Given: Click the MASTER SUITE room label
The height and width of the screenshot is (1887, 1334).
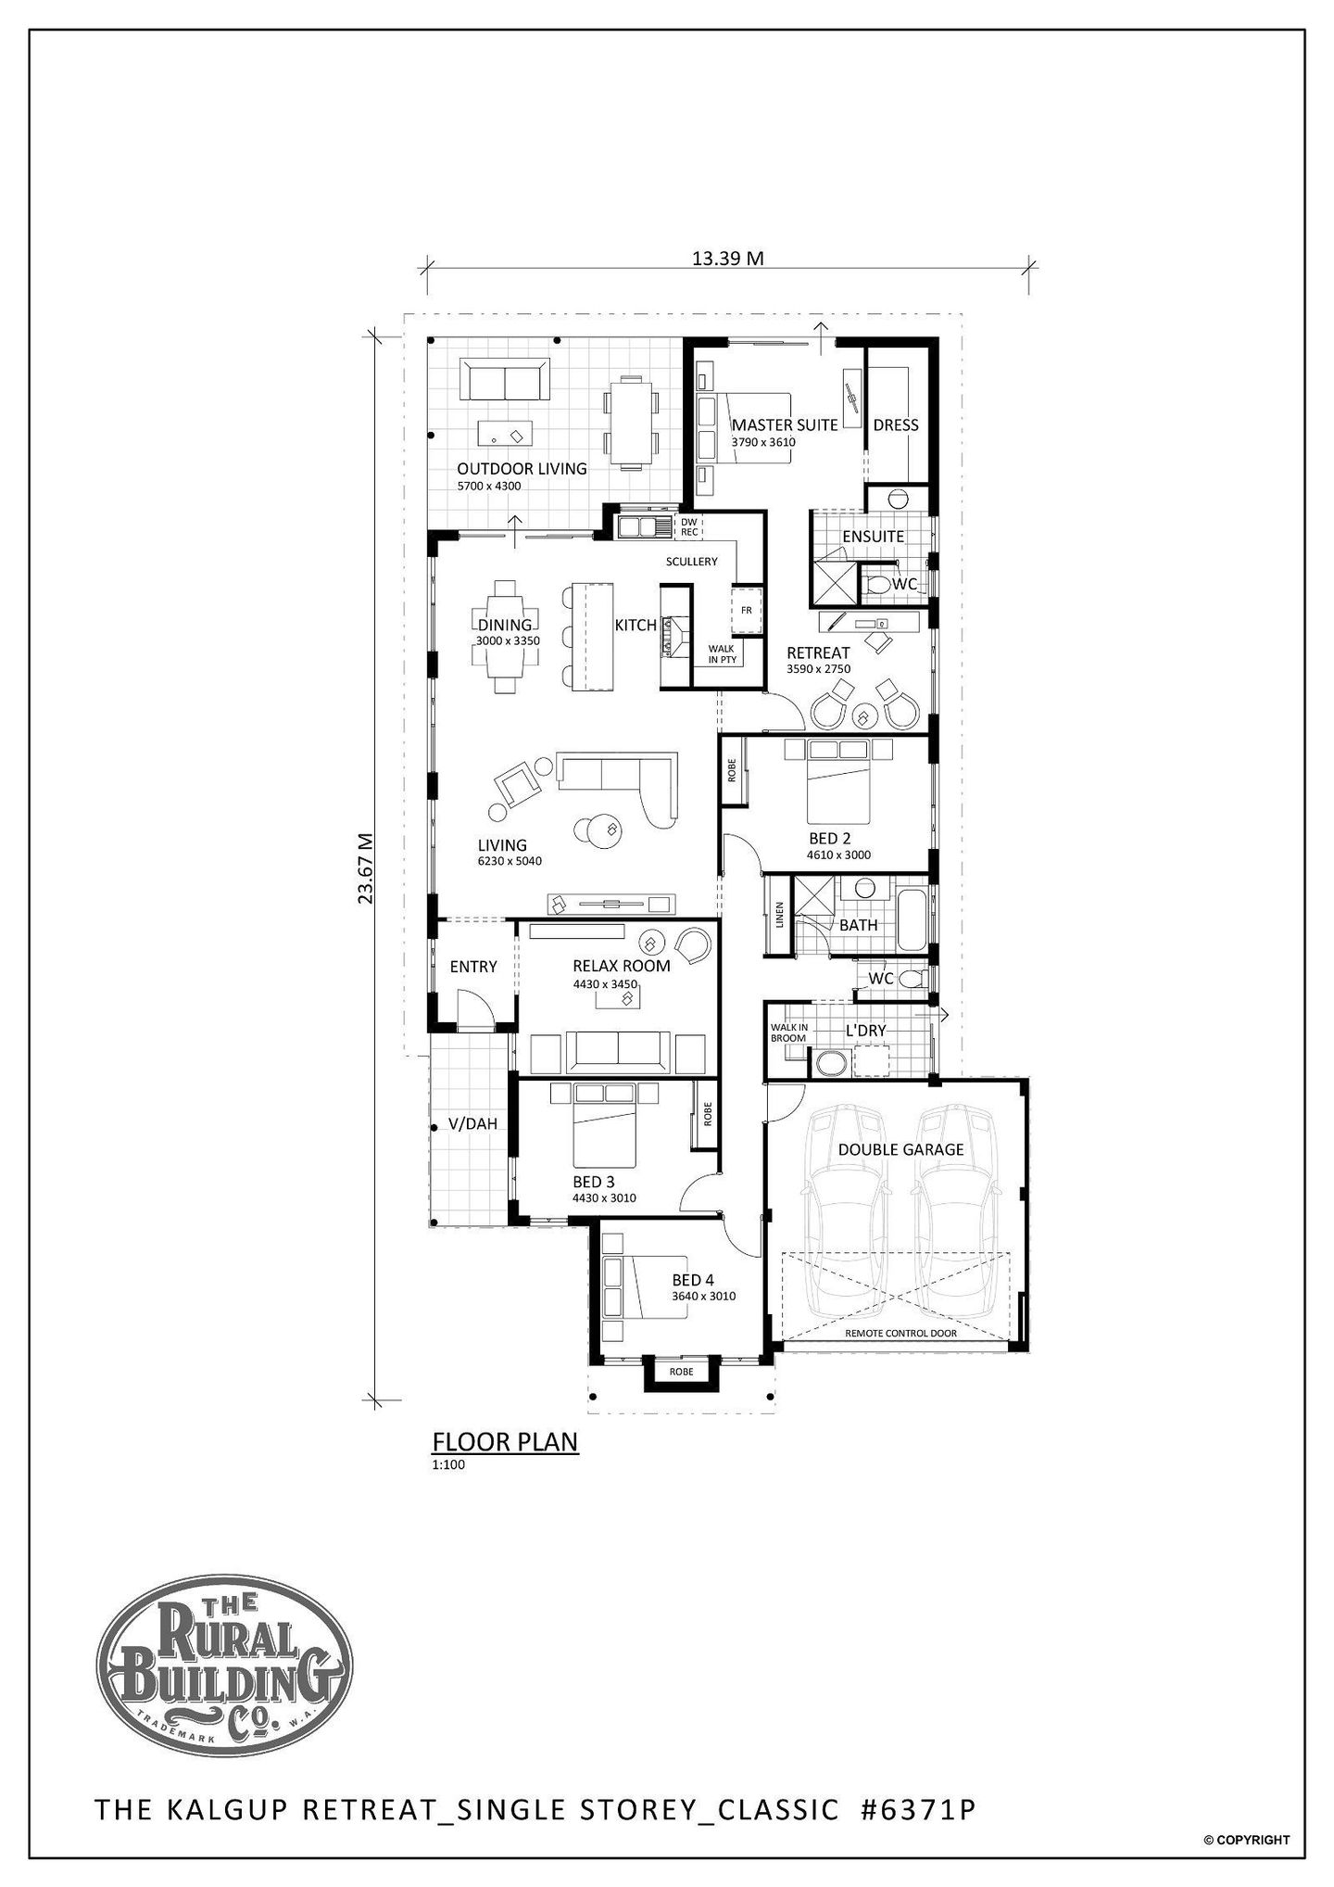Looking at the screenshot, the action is (785, 424).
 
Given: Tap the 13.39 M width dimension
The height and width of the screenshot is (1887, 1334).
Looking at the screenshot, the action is (728, 258).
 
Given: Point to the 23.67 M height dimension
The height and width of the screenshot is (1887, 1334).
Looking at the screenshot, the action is (365, 868).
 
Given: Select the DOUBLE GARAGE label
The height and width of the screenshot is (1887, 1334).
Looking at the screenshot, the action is (900, 1149).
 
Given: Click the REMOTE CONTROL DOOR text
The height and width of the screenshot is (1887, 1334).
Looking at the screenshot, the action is (901, 1334).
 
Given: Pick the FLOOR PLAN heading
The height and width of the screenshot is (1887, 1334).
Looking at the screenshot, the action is (506, 1442).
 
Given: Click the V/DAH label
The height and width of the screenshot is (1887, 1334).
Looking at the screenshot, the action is (472, 1124).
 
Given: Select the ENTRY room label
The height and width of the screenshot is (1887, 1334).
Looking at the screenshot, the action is (473, 967).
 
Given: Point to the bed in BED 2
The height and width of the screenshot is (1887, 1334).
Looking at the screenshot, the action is (838, 781).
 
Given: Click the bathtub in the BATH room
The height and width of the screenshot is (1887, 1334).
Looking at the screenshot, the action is (912, 920).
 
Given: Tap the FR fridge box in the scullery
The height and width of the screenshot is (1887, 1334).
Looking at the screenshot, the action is (746, 611).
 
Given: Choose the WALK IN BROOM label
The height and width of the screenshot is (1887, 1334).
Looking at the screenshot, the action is (789, 1032).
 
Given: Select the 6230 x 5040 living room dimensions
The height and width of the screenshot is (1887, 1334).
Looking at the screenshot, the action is (510, 861).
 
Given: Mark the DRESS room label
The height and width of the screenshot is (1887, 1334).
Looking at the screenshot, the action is (896, 424).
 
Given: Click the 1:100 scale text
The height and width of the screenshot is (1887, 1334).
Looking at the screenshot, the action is (447, 1465).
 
